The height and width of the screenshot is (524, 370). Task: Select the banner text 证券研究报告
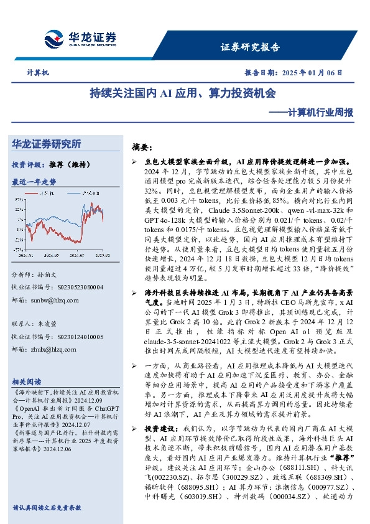[250, 47]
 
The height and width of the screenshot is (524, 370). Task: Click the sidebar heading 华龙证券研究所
[47, 144]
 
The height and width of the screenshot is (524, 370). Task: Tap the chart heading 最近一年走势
[34, 182]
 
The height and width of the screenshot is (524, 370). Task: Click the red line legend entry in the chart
[47, 194]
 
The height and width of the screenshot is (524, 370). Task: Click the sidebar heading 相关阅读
[27, 381]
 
